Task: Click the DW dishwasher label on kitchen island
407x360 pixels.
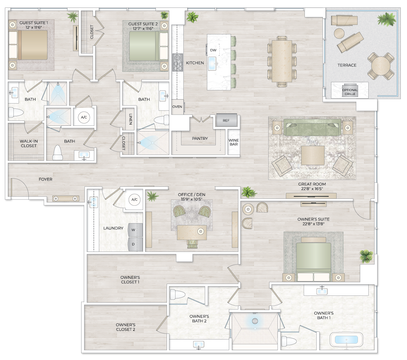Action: (213, 50)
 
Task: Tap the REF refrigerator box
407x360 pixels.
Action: (226, 121)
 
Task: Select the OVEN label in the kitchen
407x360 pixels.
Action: (177, 107)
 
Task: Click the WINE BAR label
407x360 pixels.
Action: (233, 142)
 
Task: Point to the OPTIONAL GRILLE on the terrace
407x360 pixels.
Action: (350, 92)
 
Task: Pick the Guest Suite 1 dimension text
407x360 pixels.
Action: (34, 28)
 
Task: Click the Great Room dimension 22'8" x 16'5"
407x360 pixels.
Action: (312, 189)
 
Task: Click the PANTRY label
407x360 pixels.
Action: (200, 139)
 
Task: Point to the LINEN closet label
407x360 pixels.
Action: (130, 119)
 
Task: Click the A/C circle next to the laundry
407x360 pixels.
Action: (134, 199)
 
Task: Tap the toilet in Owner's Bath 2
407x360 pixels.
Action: (177, 295)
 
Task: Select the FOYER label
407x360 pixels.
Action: (46, 179)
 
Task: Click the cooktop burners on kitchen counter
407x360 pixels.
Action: (177, 62)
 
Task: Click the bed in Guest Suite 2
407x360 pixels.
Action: (144, 46)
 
